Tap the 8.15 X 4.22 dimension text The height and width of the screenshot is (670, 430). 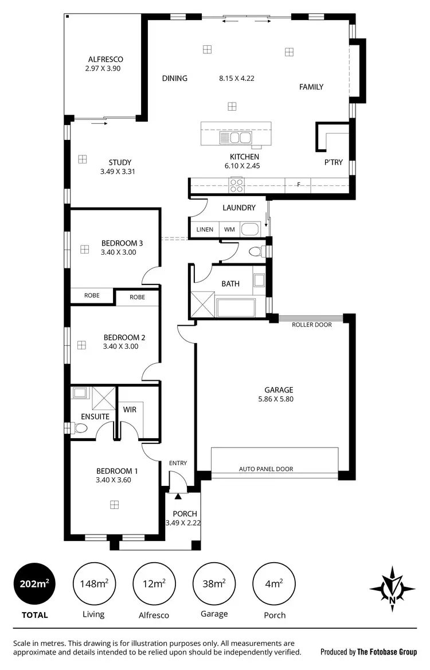click(236, 79)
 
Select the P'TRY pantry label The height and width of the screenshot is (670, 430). click(334, 162)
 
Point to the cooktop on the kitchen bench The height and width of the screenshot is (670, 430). click(236, 185)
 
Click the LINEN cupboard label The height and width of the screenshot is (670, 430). click(205, 229)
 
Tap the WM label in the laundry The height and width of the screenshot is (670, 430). click(229, 229)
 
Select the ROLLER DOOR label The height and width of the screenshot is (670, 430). click(311, 325)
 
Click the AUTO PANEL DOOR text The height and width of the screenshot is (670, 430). click(265, 469)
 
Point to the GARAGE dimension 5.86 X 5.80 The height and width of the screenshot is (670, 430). click(279, 399)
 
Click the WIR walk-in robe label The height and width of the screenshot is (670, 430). click(129, 410)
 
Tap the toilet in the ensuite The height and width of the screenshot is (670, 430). click(78, 428)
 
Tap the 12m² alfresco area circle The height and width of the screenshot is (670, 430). click(154, 584)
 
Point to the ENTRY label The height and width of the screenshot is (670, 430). click(178, 463)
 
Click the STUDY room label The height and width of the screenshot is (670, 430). click(120, 162)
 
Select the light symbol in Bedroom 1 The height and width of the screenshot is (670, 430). click(115, 505)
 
